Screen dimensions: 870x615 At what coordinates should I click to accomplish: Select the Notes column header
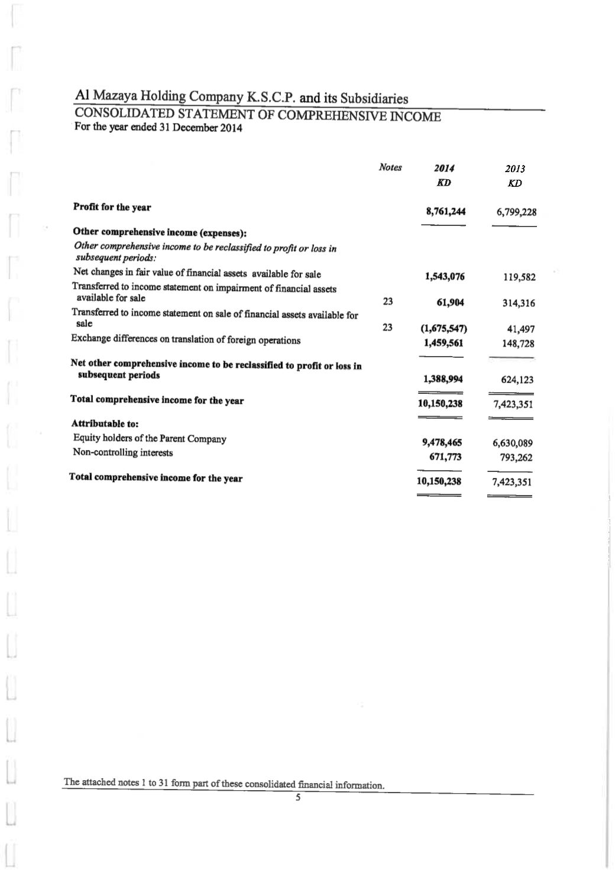[390, 167]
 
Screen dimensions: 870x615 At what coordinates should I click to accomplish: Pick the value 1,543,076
[445, 276]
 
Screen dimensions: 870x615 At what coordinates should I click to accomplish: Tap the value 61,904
[449, 303]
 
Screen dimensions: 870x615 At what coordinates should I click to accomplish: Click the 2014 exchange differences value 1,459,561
[444, 342]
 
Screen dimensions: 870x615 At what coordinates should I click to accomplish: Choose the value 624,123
[517, 380]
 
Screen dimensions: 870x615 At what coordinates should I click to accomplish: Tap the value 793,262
[516, 457]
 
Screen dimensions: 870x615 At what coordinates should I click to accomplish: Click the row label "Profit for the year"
[112, 207]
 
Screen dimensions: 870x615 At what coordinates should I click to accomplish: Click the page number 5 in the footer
[298, 798]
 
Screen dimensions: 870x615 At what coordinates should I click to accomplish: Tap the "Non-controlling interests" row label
[123, 452]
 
